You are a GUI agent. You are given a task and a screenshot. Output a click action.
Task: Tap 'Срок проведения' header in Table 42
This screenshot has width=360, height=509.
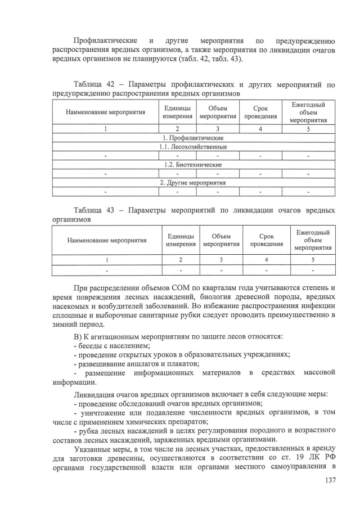click(260, 112)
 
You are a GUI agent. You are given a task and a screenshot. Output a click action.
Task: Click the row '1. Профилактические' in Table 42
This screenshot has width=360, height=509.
click(193, 138)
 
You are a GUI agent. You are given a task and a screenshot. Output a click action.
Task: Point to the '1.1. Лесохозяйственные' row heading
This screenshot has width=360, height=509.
click(193, 147)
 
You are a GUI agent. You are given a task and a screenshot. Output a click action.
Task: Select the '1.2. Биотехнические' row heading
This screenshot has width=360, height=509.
click(193, 165)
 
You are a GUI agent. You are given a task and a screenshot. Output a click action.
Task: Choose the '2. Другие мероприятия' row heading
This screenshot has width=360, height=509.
click(193, 183)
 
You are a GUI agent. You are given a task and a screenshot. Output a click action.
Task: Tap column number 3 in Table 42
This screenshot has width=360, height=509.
click(218, 129)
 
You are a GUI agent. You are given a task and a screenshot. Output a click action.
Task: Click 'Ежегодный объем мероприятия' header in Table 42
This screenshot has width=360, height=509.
click(308, 112)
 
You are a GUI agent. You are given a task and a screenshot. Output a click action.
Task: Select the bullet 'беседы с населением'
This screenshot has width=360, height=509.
click(110, 345)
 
